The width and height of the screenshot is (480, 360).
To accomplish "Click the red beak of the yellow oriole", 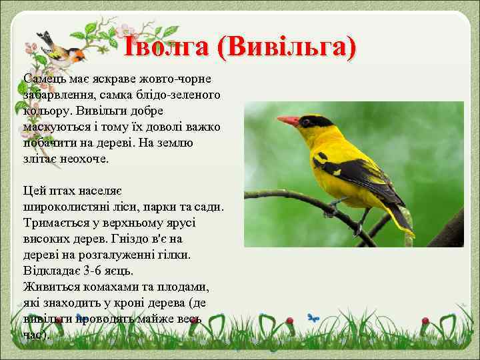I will click(288, 121).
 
